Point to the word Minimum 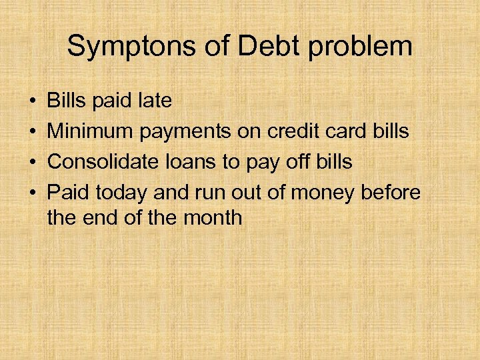(x=91, y=131)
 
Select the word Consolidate (x=103, y=161)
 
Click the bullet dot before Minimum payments (x=33, y=132)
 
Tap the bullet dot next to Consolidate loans (x=33, y=162)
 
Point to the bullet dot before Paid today (x=33, y=193)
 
